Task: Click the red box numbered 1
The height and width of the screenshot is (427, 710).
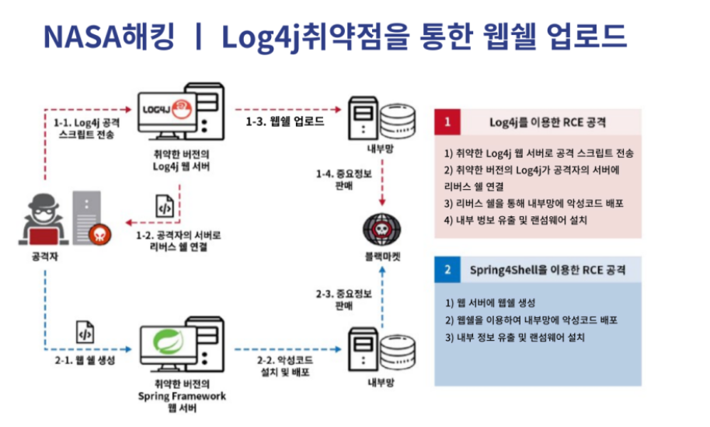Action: tap(447, 122)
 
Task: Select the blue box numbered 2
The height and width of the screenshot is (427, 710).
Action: tap(447, 270)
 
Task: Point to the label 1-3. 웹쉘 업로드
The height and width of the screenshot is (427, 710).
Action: tap(284, 122)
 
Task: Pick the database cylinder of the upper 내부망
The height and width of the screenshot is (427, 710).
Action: tap(398, 115)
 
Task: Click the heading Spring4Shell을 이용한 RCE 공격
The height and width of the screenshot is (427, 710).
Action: tap(548, 270)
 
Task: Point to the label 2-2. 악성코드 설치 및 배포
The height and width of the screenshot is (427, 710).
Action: tap(284, 365)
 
